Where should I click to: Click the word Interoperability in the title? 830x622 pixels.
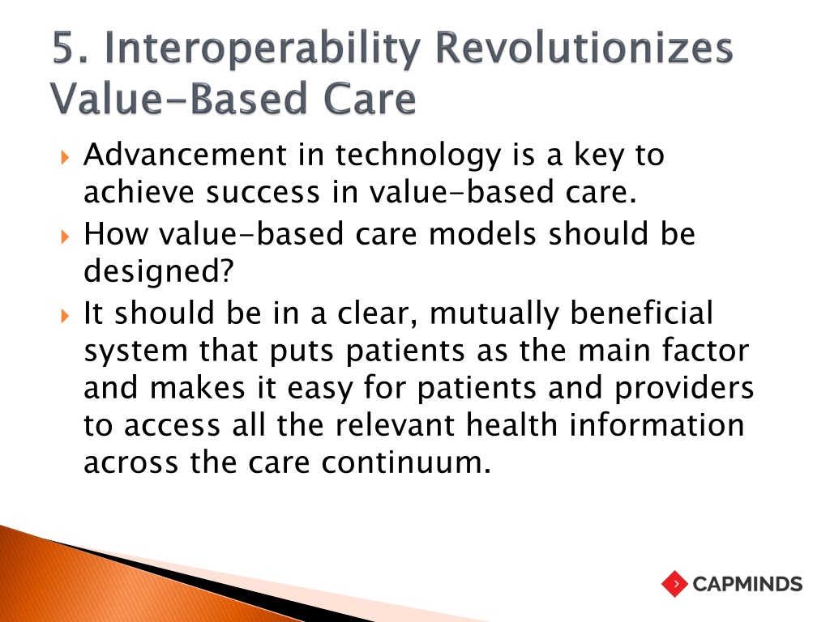click(263, 48)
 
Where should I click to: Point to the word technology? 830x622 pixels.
click(418, 156)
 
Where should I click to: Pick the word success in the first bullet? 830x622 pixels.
click(263, 193)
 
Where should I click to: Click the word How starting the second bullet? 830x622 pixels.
click(115, 234)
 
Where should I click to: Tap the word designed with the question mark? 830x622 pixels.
click(159, 272)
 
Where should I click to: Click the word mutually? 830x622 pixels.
click(494, 314)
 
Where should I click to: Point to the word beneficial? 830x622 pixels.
click(642, 313)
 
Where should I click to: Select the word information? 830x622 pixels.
click(657, 425)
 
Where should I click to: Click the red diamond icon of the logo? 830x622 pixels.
click(674, 584)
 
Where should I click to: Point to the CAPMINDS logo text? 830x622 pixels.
click(747, 585)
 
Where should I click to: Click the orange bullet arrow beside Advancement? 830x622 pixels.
click(65, 157)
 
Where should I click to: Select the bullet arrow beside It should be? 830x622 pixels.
click(65, 316)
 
